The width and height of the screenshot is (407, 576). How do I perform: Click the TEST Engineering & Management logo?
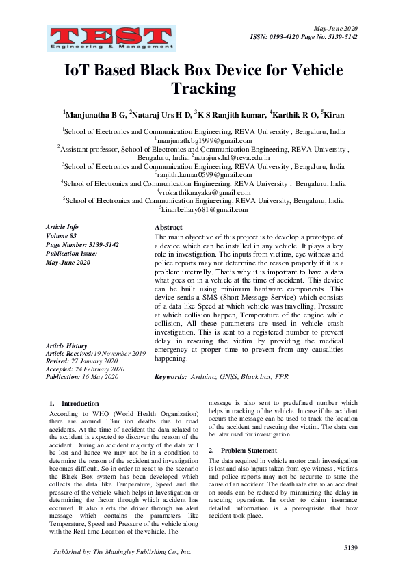pyautogui.click(x=110, y=38)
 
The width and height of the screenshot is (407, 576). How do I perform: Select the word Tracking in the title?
pyautogui.click(x=203, y=88)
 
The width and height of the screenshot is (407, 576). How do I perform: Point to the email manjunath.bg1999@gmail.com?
pyautogui.click(x=203, y=140)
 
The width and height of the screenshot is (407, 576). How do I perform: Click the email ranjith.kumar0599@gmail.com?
pyautogui.click(x=203, y=175)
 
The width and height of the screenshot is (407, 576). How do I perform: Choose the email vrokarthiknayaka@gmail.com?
pyautogui.click(x=203, y=193)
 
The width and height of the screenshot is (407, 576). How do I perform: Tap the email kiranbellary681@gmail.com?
pyautogui.click(x=203, y=210)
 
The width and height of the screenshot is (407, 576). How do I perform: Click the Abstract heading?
pyautogui.click(x=168, y=227)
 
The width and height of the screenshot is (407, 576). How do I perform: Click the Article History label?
pyautogui.click(x=66, y=346)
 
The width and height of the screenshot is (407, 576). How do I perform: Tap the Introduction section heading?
pyautogui.click(x=79, y=404)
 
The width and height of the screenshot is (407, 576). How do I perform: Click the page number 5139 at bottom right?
pyautogui.click(x=351, y=549)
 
